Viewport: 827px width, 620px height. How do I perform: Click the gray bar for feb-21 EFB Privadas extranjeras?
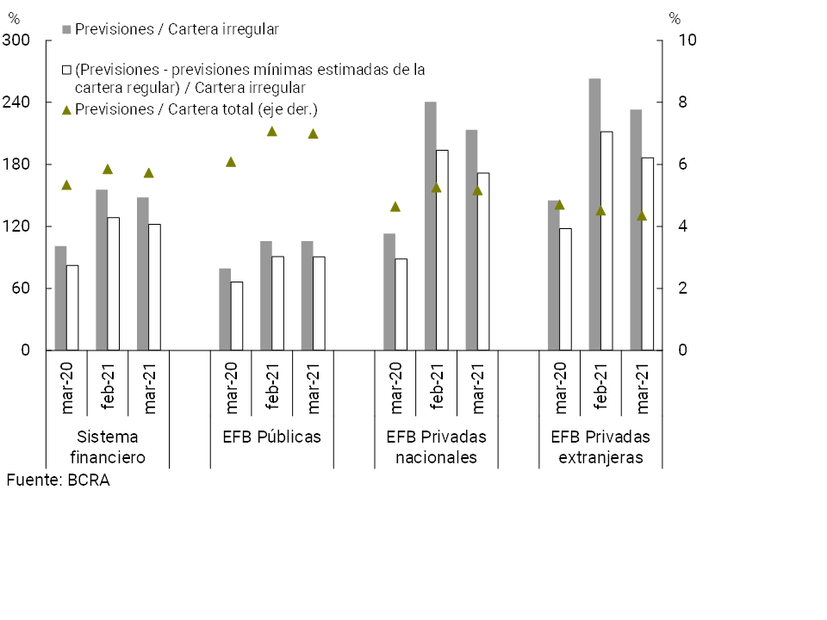[594, 214]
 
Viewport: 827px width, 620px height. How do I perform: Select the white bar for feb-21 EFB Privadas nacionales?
[442, 250]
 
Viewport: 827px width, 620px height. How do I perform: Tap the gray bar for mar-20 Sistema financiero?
[60, 298]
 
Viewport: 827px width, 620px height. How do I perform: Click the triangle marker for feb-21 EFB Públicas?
[271, 132]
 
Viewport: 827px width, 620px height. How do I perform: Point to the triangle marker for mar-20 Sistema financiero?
[66, 185]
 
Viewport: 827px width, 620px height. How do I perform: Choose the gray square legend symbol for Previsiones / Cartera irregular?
[66, 29]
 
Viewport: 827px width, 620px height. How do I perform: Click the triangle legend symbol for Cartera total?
[66, 109]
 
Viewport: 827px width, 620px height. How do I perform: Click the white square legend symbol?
[66, 69]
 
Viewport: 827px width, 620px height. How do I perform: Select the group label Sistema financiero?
[106, 447]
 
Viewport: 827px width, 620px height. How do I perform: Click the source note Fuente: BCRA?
[58, 480]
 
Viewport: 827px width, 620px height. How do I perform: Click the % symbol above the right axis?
[675, 18]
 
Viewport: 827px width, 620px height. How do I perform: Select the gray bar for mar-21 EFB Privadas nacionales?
[471, 240]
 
